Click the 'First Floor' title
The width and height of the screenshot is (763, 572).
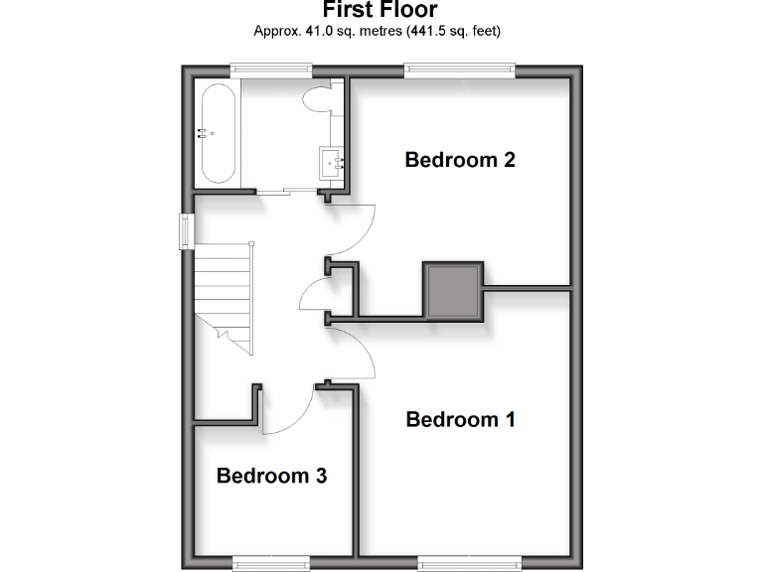pos(381,11)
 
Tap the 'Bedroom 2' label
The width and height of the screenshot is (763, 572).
pos(460,159)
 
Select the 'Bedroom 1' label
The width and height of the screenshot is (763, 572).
pos(461,419)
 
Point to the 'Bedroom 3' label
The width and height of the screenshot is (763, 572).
pos(272,476)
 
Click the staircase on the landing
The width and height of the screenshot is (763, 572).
pos(224,294)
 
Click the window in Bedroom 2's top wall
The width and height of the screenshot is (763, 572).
pos(459,70)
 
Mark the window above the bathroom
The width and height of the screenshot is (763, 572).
pos(271,70)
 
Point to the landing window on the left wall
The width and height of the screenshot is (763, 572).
pos(186,230)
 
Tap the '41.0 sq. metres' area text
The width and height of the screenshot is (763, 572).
pos(339,32)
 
